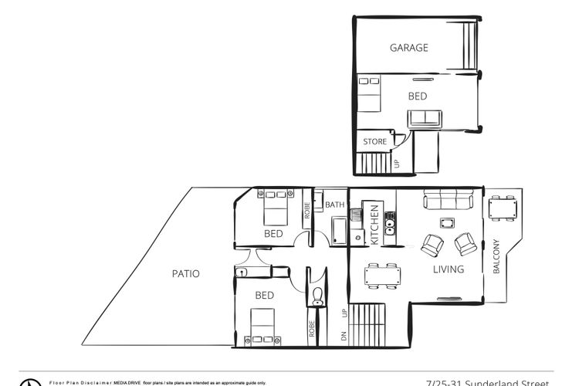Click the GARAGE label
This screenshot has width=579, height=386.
[408, 48]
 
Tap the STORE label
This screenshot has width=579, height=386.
[375, 142]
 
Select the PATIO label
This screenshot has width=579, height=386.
[185, 273]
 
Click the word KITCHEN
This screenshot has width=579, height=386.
[374, 225]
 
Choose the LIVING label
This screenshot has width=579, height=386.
[449, 269]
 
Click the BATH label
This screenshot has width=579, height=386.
[335, 205]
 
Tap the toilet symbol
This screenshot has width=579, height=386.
[318, 295]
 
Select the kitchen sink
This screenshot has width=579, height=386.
[391, 226]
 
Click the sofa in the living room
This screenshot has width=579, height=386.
[449, 203]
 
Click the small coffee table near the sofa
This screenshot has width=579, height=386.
[447, 223]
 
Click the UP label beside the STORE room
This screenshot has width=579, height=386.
[398, 163]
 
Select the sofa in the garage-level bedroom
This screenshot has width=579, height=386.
[425, 118]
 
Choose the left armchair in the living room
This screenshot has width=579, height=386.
[431, 245]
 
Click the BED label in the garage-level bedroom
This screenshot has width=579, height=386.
[418, 96]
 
